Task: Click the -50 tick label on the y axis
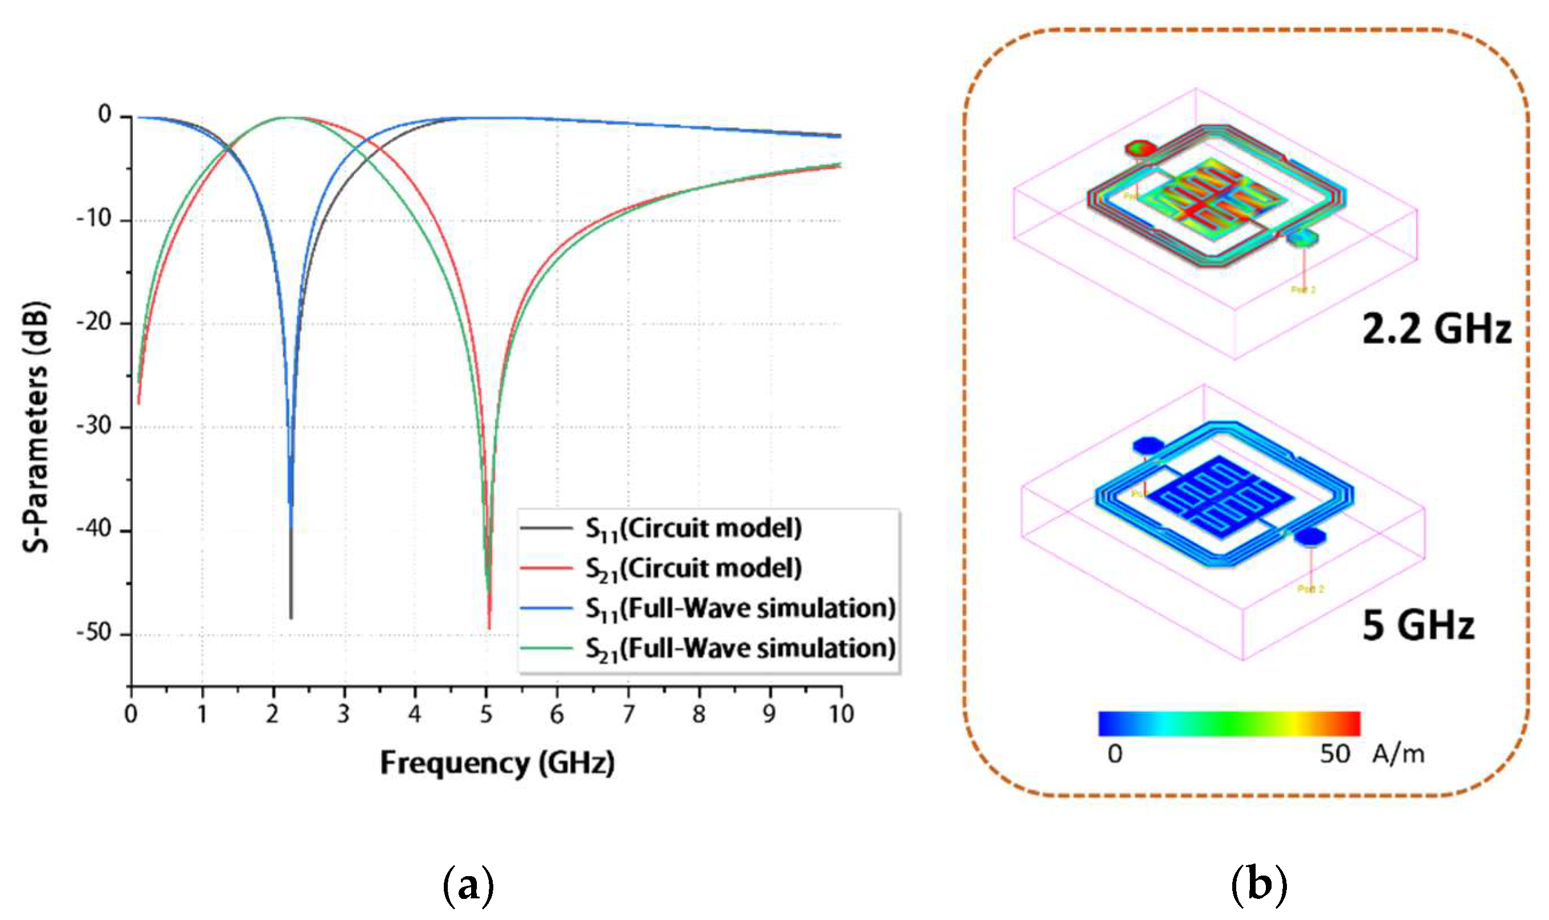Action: point(94,633)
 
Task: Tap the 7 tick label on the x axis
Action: point(628,714)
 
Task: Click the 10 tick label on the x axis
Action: point(840,714)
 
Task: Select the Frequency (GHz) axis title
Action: point(497,763)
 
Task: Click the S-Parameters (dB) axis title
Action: point(36,427)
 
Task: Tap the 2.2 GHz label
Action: point(1436,329)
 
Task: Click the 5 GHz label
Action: point(1418,625)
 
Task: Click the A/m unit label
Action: point(1399,754)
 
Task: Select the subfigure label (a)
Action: point(469,886)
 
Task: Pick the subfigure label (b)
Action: point(1259,886)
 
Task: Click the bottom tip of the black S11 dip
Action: point(291,618)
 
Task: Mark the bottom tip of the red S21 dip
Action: point(489,628)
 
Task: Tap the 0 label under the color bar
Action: point(1114,754)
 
